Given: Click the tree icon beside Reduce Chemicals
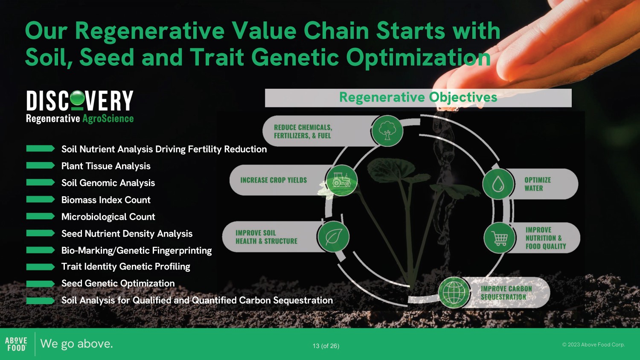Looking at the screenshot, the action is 387,131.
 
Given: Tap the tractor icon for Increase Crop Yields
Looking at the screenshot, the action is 341,180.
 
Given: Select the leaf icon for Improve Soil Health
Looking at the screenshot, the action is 333,237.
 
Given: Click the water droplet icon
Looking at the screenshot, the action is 498,184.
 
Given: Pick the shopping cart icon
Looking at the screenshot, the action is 500,238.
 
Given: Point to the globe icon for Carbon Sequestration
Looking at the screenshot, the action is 454,292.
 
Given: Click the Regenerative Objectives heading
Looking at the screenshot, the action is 418,97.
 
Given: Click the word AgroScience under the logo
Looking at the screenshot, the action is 108,119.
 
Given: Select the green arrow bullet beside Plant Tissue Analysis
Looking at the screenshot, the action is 40,165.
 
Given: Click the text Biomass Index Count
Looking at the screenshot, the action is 106,200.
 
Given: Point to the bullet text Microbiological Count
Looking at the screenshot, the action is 108,217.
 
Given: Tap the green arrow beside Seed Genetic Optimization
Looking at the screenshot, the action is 40,283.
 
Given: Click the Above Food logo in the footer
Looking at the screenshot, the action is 16,344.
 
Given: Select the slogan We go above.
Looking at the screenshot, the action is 76,344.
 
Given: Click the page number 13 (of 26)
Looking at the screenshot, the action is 326,346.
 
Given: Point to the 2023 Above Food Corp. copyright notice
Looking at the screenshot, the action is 593,345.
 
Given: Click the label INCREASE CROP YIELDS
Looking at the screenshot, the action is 273,180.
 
